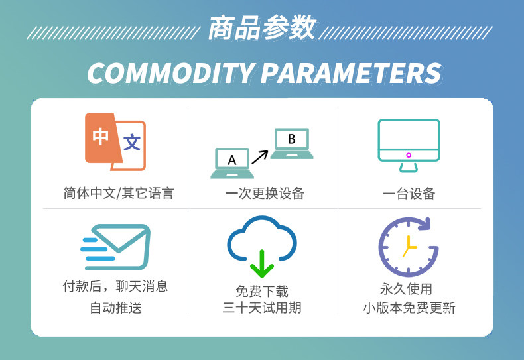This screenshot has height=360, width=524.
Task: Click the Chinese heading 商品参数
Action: pyautogui.click(x=263, y=28)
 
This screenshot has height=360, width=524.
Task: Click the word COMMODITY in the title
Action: pyautogui.click(x=170, y=73)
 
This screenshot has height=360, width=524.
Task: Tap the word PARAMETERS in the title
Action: pyautogui.click(x=352, y=73)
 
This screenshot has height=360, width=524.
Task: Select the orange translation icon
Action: pyautogui.click(x=115, y=142)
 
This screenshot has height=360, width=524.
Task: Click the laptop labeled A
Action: pyautogui.click(x=232, y=163)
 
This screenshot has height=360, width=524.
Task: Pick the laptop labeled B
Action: pyautogui.click(x=292, y=143)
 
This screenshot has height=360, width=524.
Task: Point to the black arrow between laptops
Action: pyautogui.click(x=260, y=157)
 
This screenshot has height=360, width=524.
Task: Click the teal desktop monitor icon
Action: pyautogui.click(x=409, y=145)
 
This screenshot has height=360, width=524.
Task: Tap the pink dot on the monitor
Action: pyautogui.click(x=409, y=155)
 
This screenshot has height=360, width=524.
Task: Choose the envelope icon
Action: pyautogui.click(x=115, y=247)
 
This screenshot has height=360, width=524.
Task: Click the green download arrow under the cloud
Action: pyautogui.click(x=262, y=264)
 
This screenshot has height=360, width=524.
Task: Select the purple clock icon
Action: pyautogui.click(x=409, y=247)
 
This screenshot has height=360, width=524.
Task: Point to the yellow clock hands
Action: pyautogui.click(x=409, y=247)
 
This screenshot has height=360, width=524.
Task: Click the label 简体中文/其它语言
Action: pyautogui.click(x=119, y=194)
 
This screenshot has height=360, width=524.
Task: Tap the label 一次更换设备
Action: pyautogui.click(x=265, y=194)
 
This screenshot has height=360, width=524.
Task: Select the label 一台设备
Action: pyautogui.click(x=409, y=194)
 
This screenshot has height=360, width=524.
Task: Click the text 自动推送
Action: pyautogui.click(x=115, y=308)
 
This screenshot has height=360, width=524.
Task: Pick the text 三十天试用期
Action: pyautogui.click(x=262, y=308)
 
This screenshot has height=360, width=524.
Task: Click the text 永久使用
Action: pyautogui.click(x=406, y=289)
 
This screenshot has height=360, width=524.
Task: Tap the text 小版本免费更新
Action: pyautogui.click(x=409, y=308)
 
